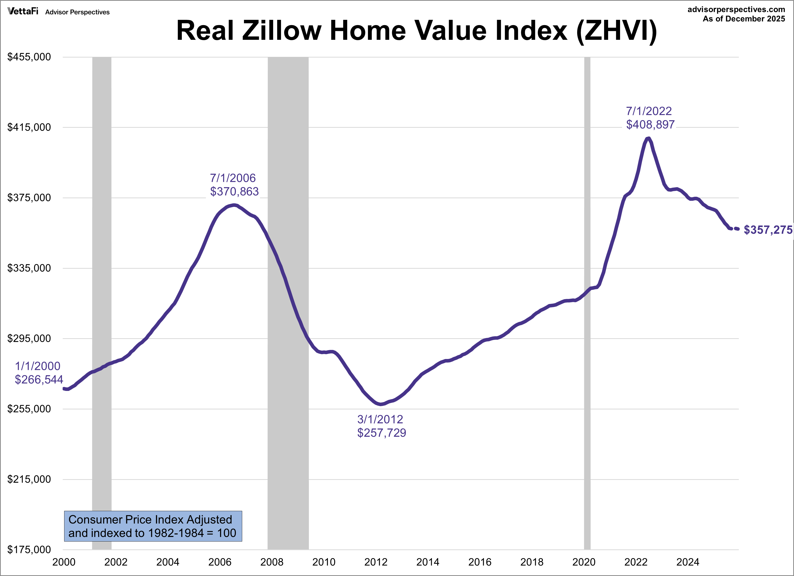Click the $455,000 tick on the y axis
coord(29,57)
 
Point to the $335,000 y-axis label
coord(29,268)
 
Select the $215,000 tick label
coord(29,479)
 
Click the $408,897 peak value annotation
coord(650,124)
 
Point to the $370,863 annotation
coord(234,191)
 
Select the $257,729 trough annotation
coord(382,433)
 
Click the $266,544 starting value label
coord(39,379)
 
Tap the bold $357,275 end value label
coord(768,230)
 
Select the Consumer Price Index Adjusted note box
coord(153,526)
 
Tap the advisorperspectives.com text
coord(736,9)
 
